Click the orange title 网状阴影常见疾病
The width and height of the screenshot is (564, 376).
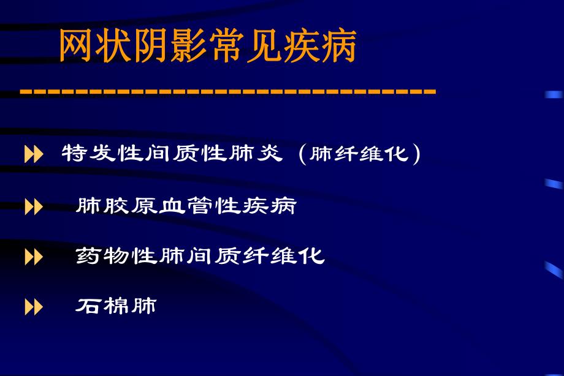[207, 47]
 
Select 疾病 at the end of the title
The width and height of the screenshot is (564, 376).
[319, 47]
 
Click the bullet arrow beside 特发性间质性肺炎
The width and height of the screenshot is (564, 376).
[34, 155]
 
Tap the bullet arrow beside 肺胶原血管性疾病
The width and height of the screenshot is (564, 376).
[34, 207]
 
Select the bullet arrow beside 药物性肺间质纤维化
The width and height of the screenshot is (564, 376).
[34, 257]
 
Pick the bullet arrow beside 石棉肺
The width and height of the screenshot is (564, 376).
[34, 307]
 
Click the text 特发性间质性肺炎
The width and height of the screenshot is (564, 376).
[172, 154]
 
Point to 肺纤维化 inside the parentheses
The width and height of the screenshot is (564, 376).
[359, 154]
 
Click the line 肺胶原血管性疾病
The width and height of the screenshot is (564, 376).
[186, 206]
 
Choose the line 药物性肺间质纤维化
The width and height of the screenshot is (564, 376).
[200, 255]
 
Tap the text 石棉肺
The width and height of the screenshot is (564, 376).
[116, 306]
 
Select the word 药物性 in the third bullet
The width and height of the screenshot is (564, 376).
[117, 255]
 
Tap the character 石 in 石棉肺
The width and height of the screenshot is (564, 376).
[88, 306]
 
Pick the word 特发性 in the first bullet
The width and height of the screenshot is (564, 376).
[103, 154]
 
